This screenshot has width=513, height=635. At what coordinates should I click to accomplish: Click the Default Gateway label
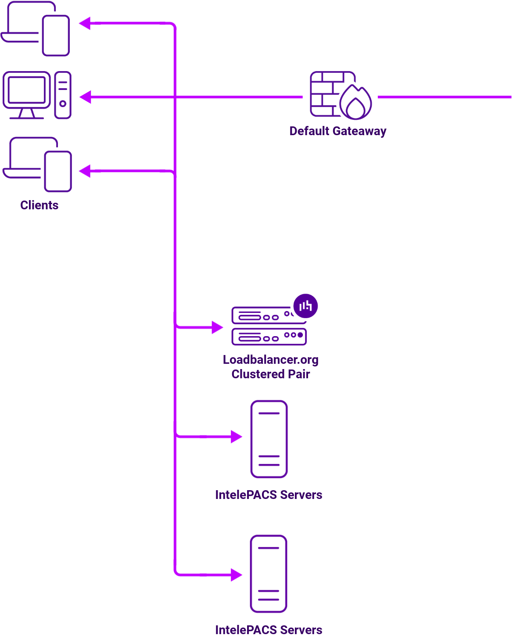tap(337, 131)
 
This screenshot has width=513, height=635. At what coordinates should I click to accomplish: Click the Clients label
tap(39, 205)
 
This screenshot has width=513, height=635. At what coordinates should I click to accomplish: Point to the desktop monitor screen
tap(26, 90)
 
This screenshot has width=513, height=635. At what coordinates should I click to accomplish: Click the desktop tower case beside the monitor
tap(63, 95)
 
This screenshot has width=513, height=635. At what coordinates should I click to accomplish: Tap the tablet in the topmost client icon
tap(56, 36)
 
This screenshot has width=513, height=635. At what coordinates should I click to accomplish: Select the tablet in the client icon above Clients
tap(58, 171)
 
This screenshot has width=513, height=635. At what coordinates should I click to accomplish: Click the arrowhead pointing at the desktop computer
tap(86, 97)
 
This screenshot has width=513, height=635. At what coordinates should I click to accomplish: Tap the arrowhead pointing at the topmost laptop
tap(85, 23)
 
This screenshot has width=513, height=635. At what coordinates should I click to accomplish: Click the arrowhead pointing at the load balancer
tap(217, 327)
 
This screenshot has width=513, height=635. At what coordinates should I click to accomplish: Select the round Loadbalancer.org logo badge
tap(305, 306)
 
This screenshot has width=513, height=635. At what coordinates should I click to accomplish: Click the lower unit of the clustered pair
tap(269, 337)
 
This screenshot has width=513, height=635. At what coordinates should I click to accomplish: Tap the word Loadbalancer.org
tap(270, 359)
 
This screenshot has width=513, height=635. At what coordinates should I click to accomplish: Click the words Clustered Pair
tap(270, 374)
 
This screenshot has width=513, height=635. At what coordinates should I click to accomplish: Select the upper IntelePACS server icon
tap(269, 439)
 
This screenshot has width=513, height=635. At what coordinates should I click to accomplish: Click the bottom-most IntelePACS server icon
tap(269, 574)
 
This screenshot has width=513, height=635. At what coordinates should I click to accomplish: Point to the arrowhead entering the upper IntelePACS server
tap(237, 437)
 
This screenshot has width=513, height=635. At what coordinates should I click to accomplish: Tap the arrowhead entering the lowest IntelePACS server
tap(237, 574)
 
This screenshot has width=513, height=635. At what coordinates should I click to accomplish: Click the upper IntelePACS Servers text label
tap(269, 495)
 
